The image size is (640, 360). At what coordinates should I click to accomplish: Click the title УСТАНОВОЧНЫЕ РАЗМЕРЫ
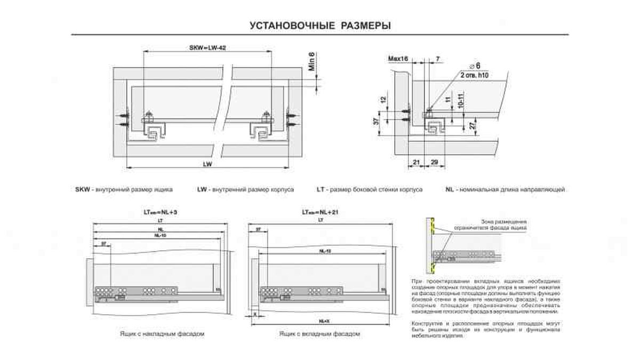point(320,25)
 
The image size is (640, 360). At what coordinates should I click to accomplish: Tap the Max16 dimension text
point(398,58)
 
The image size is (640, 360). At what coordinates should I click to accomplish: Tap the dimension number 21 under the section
point(417,161)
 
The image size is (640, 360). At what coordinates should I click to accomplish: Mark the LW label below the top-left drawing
point(207,165)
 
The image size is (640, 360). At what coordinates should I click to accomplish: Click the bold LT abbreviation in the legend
point(321,189)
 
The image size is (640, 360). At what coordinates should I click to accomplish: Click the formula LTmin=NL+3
point(160,212)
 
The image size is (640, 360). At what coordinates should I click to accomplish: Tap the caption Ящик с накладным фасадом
point(162,333)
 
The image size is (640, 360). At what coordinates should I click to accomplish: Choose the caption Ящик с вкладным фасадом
point(319,333)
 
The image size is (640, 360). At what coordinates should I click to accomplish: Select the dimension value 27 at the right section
point(471,126)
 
